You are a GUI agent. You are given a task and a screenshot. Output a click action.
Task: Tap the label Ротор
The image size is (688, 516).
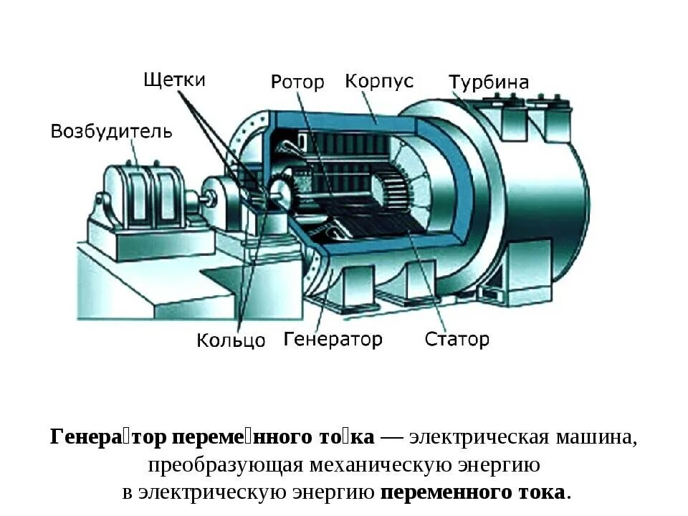pyautogui.click(x=297, y=82)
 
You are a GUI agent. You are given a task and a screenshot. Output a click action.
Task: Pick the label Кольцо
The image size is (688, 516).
pyautogui.click(x=231, y=340)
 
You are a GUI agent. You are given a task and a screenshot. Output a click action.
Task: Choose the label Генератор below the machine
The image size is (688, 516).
pyautogui.click(x=333, y=338)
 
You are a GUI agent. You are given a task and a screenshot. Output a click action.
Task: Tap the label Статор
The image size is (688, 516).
pyautogui.click(x=457, y=338)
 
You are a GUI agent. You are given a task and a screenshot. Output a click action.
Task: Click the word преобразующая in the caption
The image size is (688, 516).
pyautogui.click(x=226, y=465)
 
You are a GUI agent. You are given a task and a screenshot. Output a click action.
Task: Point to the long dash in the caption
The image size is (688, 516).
pyautogui.click(x=391, y=437)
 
